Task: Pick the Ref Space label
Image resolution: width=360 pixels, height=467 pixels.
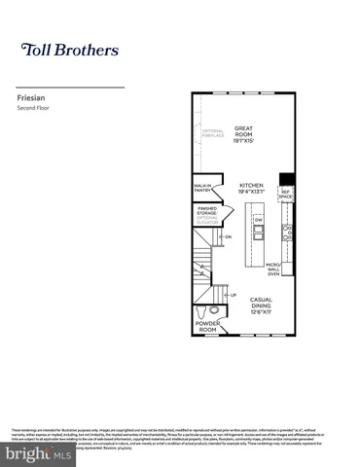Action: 286,194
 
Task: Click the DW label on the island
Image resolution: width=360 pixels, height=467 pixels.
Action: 259,220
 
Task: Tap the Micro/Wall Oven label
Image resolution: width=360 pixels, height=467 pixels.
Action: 273,269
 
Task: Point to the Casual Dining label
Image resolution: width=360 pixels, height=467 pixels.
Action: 261,305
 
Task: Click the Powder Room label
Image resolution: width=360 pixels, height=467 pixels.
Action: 207,327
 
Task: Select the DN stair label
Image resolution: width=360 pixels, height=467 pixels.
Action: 228,236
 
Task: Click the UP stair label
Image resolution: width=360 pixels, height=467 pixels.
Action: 233,295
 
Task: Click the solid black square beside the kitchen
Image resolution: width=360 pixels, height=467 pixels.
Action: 286,178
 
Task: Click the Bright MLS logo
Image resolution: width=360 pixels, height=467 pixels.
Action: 38,453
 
